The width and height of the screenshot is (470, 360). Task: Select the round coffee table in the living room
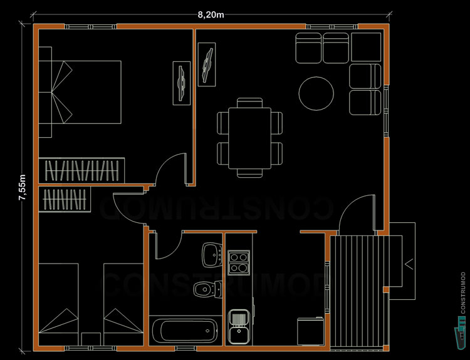click(x=316, y=94)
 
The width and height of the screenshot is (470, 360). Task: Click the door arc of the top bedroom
click(x=171, y=168)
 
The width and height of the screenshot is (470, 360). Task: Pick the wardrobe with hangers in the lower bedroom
click(x=63, y=200)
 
